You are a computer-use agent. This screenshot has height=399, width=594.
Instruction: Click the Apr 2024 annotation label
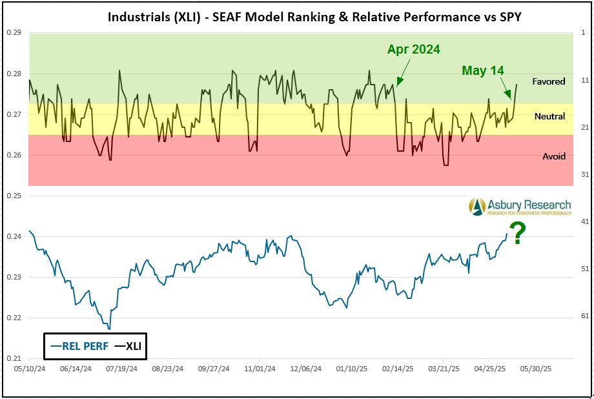click(x=414, y=49)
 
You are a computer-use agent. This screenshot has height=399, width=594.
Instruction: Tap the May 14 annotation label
click(x=482, y=70)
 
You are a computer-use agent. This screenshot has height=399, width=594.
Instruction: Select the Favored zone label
click(x=549, y=81)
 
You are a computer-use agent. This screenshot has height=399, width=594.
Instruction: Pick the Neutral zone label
click(x=549, y=116)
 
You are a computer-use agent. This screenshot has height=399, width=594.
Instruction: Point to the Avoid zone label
click(x=553, y=156)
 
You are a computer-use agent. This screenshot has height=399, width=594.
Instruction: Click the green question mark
click(x=517, y=233)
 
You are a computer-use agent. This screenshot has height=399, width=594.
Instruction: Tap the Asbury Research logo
click(x=520, y=206)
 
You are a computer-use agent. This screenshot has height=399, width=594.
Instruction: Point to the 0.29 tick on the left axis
click(x=14, y=33)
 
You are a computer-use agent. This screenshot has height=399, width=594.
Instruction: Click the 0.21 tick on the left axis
click(x=14, y=358)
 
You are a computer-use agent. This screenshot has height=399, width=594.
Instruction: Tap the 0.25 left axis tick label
click(x=14, y=196)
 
